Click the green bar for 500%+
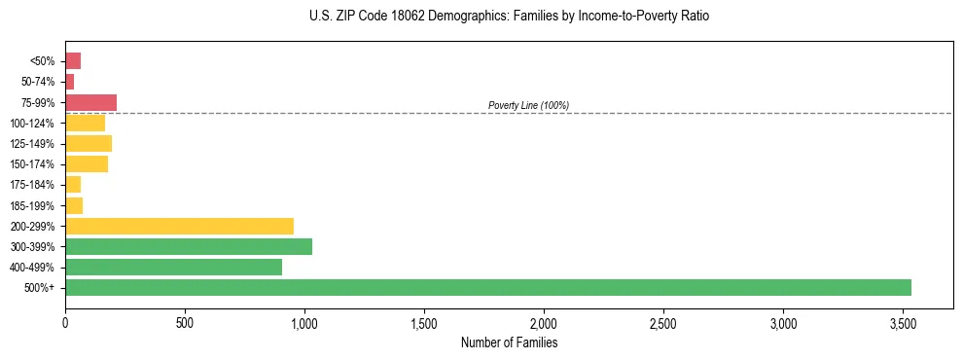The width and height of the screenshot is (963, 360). pos(487,287)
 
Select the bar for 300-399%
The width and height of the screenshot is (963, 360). pos(189,246)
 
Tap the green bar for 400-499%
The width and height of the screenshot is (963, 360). pos(173,267)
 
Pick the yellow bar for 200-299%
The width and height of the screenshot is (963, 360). pos(179,226)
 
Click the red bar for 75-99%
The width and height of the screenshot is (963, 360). pos(90,102)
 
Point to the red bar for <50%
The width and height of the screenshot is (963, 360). pos(73,61)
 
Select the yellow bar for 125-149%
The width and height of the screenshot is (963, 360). pos(89,144)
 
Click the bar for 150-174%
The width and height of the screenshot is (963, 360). pos(87,164)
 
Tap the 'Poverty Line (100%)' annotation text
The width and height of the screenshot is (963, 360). pos(528,105)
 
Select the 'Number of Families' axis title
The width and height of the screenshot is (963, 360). pos(509,342)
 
